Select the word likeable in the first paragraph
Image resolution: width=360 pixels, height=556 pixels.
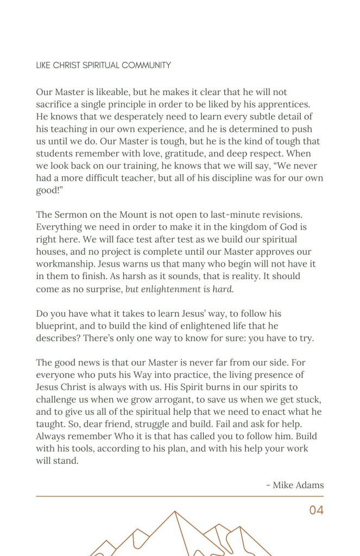[116, 92]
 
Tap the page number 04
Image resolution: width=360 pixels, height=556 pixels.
[316, 510]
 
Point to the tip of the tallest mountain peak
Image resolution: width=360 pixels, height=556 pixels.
[174, 511]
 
